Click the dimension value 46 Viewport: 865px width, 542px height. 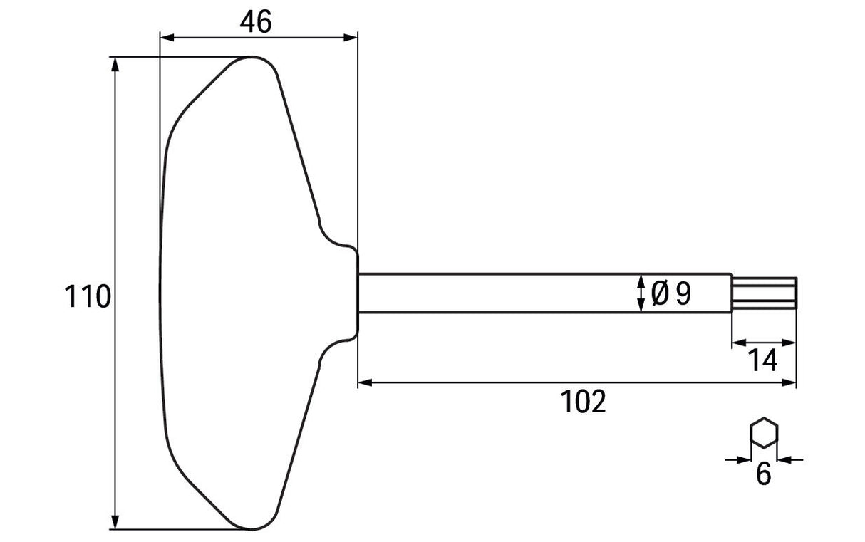pyautogui.click(x=256, y=22)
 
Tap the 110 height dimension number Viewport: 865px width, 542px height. pyautogui.click(x=88, y=296)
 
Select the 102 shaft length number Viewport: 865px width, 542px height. pyautogui.click(x=583, y=402)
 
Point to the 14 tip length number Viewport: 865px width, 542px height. pyautogui.click(x=762, y=360)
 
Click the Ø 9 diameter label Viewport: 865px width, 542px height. pyautogui.click(x=670, y=293)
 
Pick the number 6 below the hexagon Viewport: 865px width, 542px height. pyautogui.click(x=763, y=474)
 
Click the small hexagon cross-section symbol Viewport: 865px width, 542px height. pyautogui.click(x=764, y=433)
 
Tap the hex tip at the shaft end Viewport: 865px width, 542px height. pyautogui.click(x=765, y=293)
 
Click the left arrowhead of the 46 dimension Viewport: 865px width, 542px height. pyautogui.click(x=167, y=38)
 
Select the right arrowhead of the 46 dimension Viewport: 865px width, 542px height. pyautogui.click(x=351, y=38)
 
